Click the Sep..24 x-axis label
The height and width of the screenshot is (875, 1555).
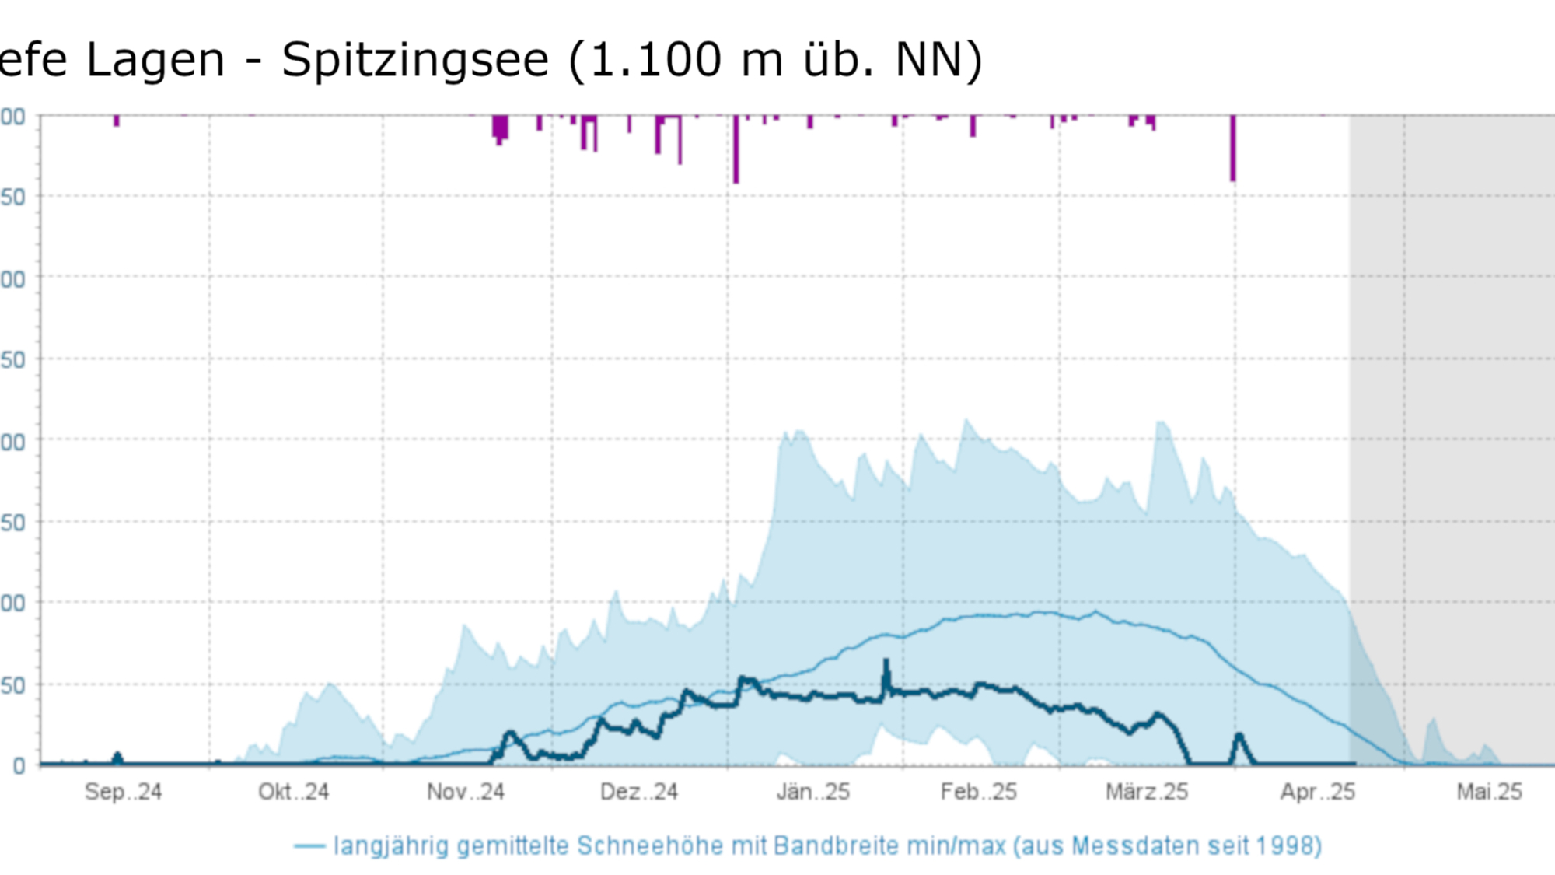click(x=123, y=792)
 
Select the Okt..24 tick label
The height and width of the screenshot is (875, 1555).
click(x=293, y=792)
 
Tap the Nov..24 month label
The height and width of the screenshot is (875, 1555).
click(x=466, y=792)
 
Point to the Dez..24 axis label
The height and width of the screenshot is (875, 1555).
click(x=638, y=792)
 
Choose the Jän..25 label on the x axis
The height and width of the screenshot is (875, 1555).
click(x=812, y=792)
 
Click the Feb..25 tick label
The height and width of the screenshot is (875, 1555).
click(x=978, y=792)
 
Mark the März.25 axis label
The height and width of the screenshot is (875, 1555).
click(x=1147, y=792)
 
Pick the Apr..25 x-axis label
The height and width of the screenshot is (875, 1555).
click(x=1317, y=792)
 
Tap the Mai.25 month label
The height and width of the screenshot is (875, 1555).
click(x=1489, y=792)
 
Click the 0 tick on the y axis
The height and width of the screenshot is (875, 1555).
click(x=19, y=766)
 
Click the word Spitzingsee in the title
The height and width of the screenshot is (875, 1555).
click(x=414, y=61)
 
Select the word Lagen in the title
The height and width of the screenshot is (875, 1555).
click(x=155, y=61)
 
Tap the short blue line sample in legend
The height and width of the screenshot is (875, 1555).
click(x=309, y=845)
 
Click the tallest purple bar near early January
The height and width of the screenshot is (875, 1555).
click(x=736, y=149)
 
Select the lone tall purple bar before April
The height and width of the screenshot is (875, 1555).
click(x=1232, y=148)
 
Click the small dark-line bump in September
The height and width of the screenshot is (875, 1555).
click(x=117, y=756)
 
